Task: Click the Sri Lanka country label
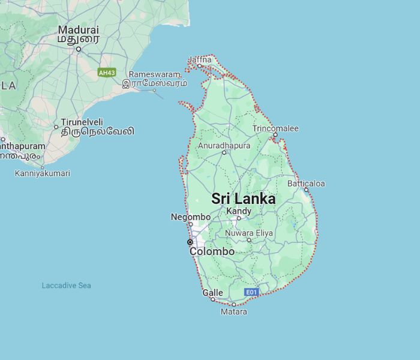(x=244, y=199)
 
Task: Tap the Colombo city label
(x=212, y=252)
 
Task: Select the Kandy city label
(x=238, y=211)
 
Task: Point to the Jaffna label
(x=200, y=59)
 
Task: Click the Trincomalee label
(x=275, y=128)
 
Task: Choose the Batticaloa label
(x=306, y=183)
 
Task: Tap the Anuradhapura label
(x=224, y=146)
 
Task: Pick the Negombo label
(x=190, y=217)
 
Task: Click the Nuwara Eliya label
(x=248, y=233)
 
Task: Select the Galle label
(x=212, y=293)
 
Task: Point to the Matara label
(x=233, y=311)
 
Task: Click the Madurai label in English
(x=78, y=29)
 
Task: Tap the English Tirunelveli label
(x=82, y=122)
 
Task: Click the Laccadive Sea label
(x=66, y=286)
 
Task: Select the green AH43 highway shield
(x=107, y=73)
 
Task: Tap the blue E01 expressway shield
(x=251, y=292)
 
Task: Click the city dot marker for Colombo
(x=190, y=242)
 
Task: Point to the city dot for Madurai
(x=78, y=49)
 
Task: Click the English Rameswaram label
(x=154, y=74)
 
